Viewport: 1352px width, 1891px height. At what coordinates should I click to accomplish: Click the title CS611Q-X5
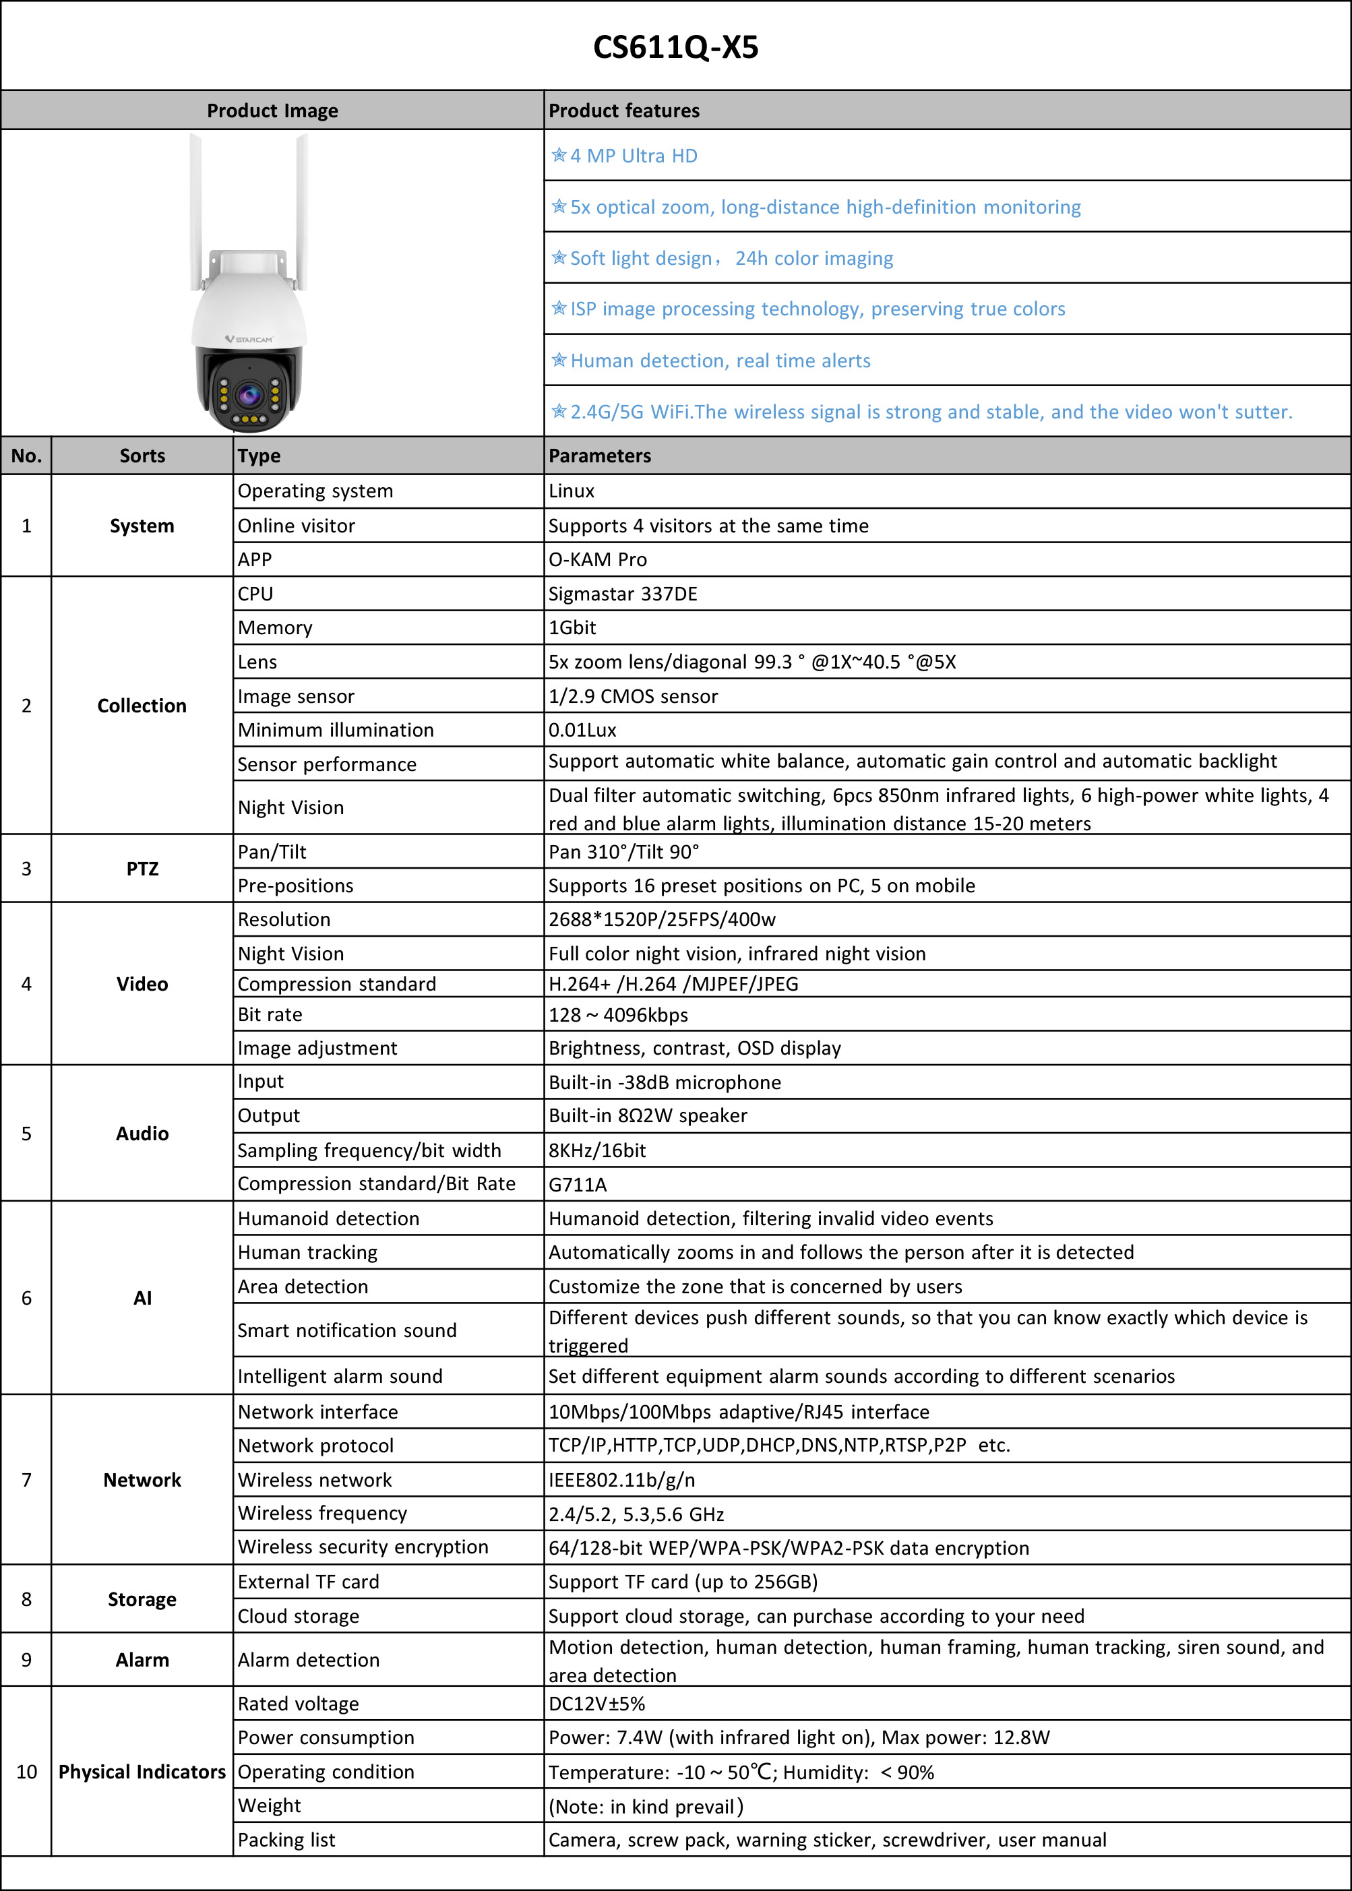(x=675, y=47)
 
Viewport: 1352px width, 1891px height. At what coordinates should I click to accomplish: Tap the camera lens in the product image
(x=249, y=394)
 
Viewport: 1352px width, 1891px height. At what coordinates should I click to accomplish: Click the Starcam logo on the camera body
(x=249, y=340)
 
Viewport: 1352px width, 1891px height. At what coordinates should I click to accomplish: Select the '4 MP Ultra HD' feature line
(x=634, y=156)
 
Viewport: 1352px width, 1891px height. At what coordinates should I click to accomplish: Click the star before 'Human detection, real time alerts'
(x=559, y=361)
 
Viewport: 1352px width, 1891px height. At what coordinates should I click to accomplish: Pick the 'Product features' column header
(x=623, y=111)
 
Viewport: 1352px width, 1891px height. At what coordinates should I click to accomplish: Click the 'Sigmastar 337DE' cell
(x=623, y=594)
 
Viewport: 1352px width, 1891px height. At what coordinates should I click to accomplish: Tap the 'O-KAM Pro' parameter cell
(x=597, y=559)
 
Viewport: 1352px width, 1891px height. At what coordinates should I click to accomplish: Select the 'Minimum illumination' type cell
(x=336, y=730)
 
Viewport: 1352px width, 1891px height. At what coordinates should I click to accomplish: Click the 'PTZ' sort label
(x=142, y=869)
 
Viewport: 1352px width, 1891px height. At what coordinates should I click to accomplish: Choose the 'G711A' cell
(x=578, y=1184)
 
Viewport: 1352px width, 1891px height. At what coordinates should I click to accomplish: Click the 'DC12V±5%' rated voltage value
(x=596, y=1704)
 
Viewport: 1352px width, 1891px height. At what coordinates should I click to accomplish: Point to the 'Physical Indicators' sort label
(x=142, y=1772)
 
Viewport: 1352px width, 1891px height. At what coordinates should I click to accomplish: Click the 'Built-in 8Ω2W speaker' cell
(x=648, y=1115)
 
